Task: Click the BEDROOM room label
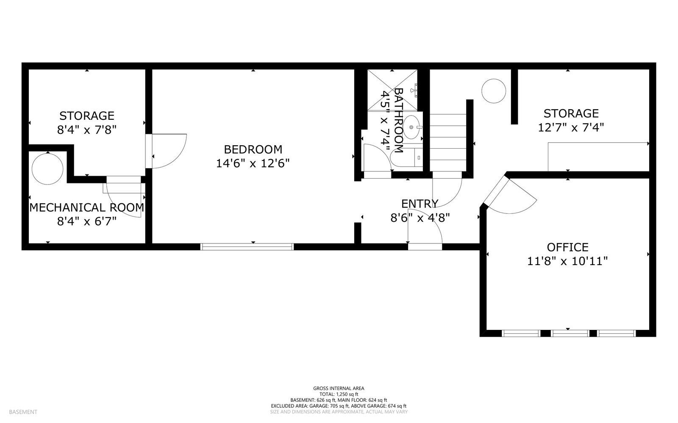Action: coord(253,149)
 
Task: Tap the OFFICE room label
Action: coord(567,247)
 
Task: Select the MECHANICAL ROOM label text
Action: coord(86,208)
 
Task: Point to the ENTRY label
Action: coord(420,204)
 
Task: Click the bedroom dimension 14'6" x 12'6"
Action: coord(253,163)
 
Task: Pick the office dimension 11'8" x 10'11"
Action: coord(567,261)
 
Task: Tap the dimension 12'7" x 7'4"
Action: coord(570,127)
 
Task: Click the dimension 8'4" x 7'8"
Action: coord(87,130)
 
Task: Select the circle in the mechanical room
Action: coord(47,169)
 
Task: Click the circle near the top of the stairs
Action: coord(494,91)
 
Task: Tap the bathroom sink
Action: coord(411,127)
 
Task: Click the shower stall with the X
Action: coord(392,90)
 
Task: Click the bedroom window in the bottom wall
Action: coord(247,247)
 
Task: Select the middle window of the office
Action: coord(570,334)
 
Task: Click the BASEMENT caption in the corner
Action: coord(23,412)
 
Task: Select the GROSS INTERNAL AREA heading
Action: coord(339,388)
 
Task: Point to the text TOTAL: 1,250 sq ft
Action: coord(339,394)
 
